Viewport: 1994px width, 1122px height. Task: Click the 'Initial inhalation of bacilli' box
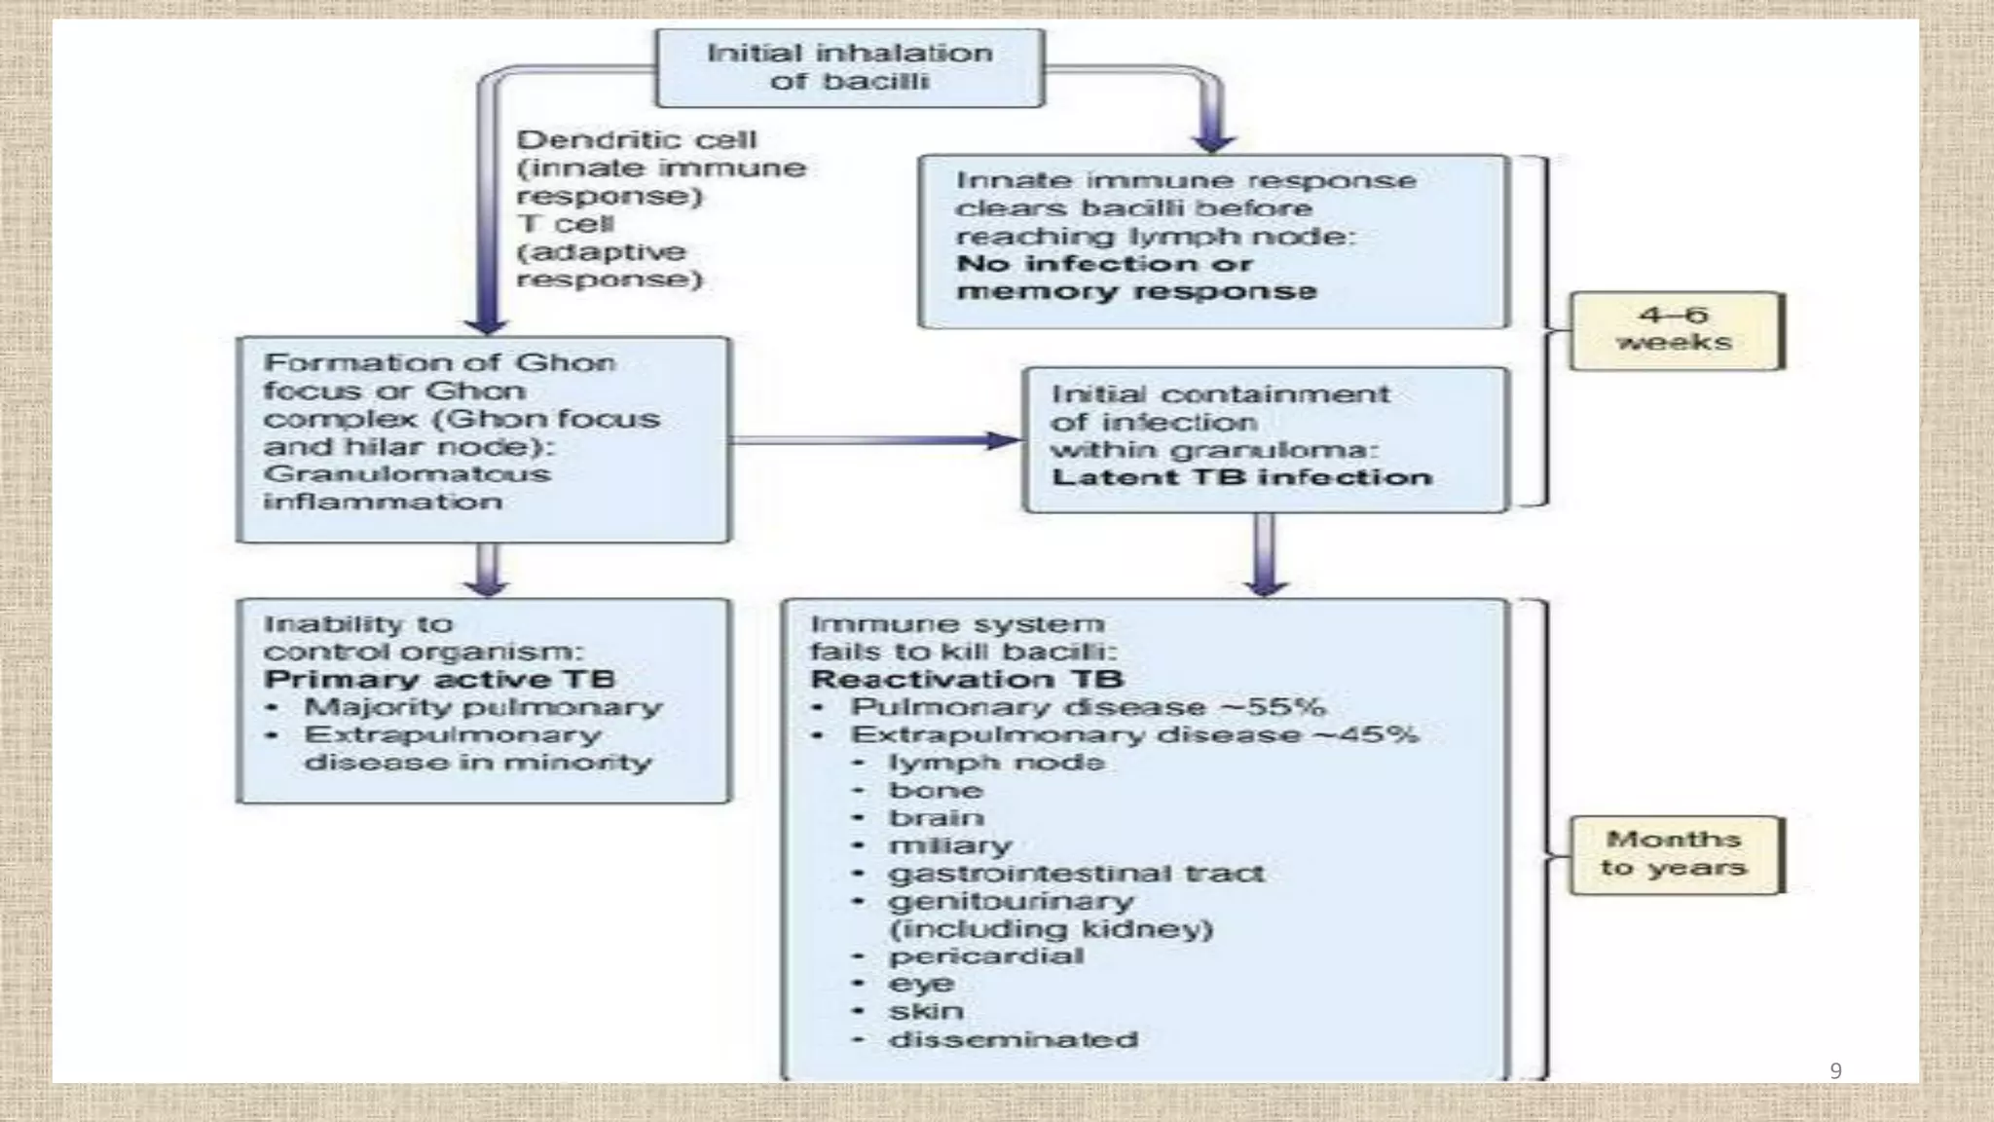coord(849,67)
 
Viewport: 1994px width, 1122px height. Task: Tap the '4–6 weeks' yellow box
coord(1675,329)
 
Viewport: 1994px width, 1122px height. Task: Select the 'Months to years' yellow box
coord(1675,853)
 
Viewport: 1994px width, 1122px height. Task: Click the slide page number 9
coord(1835,1070)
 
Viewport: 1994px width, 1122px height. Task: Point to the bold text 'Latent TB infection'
coord(1241,477)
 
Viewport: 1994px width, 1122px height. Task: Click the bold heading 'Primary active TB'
coord(439,679)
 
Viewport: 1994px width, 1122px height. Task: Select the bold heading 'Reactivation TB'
coord(967,679)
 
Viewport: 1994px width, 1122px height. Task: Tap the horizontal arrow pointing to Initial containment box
coord(876,440)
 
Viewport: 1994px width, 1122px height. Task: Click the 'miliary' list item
coord(949,845)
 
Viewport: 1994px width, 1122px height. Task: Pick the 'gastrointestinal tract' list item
coord(1076,873)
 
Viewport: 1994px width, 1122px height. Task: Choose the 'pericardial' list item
coord(985,955)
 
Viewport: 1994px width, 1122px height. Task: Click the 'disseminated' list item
coord(1013,1039)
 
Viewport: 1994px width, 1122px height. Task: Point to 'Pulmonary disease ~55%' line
coord(1087,706)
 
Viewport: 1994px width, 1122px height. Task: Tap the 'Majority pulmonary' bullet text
coord(482,706)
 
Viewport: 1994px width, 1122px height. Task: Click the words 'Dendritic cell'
coord(636,140)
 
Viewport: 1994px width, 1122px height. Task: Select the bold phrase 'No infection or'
coord(1104,264)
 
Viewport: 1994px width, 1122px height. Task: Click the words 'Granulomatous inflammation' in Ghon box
coord(406,487)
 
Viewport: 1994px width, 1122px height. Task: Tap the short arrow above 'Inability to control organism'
coord(486,570)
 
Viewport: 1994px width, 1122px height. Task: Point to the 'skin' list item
coord(926,1011)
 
